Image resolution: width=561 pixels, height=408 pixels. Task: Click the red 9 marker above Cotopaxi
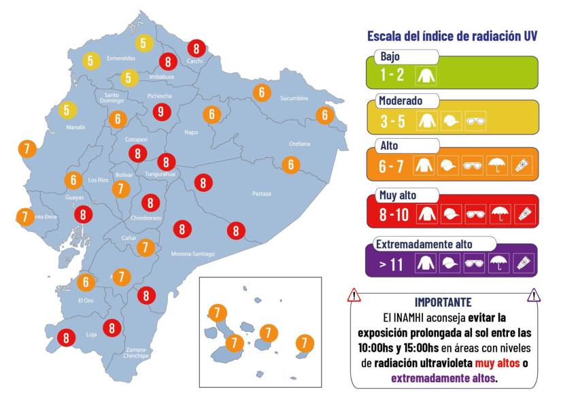(x=160, y=112)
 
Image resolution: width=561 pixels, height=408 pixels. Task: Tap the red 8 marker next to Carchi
(x=197, y=48)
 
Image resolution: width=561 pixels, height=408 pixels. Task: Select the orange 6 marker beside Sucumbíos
(x=262, y=92)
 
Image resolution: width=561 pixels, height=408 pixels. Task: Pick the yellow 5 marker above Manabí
(x=67, y=109)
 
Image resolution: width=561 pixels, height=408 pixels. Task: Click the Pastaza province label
(x=261, y=194)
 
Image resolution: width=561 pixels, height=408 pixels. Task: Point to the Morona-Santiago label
(x=193, y=254)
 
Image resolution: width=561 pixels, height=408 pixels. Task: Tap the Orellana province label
(x=299, y=144)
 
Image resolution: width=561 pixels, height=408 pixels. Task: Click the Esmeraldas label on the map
(x=120, y=58)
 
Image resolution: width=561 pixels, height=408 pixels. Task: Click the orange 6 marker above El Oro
(x=86, y=282)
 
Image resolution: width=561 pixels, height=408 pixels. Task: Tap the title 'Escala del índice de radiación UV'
(x=452, y=36)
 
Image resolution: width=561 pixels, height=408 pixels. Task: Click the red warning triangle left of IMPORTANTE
(x=354, y=295)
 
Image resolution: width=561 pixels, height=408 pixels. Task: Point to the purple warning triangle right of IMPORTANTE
(x=534, y=295)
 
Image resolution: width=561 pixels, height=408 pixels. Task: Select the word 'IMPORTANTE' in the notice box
(x=443, y=302)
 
